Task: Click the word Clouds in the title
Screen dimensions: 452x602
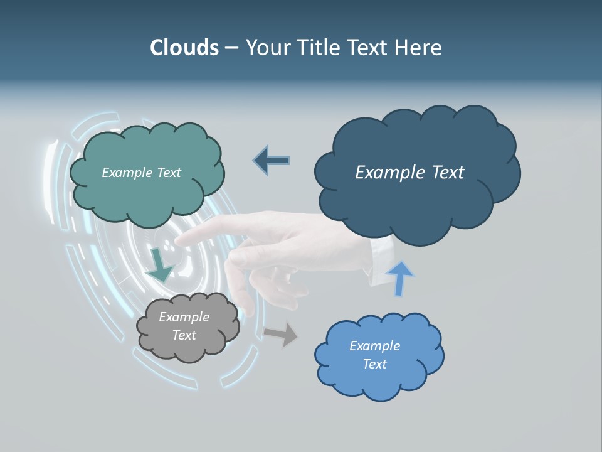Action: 184,48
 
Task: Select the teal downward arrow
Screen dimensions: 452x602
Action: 160,264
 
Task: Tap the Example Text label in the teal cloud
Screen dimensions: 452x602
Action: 141,173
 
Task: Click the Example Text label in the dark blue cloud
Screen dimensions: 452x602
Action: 409,173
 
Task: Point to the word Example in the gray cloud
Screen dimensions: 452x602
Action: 184,318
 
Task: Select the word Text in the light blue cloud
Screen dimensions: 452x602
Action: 374,364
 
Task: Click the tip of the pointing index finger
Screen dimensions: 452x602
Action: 182,239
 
